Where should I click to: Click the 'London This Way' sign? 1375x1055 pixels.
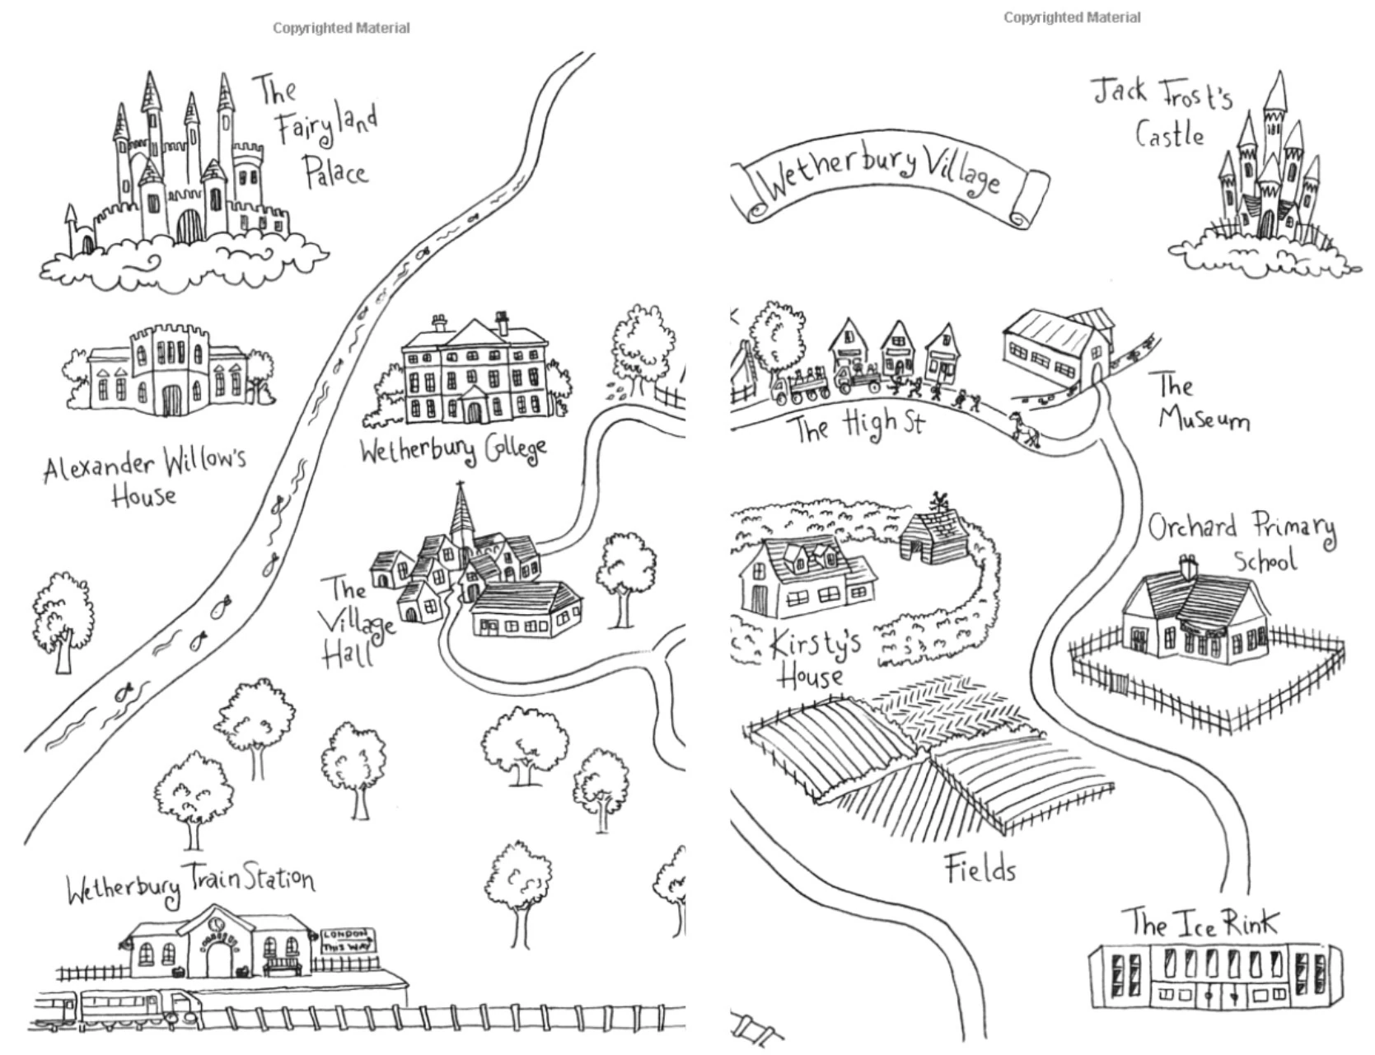point(346,940)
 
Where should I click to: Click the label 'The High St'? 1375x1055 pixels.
point(857,426)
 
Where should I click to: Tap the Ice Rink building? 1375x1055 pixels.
point(1215,977)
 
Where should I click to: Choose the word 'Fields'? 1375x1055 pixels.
point(980,869)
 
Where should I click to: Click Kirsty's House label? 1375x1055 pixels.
point(811,659)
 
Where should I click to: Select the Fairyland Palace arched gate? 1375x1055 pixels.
point(189,226)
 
